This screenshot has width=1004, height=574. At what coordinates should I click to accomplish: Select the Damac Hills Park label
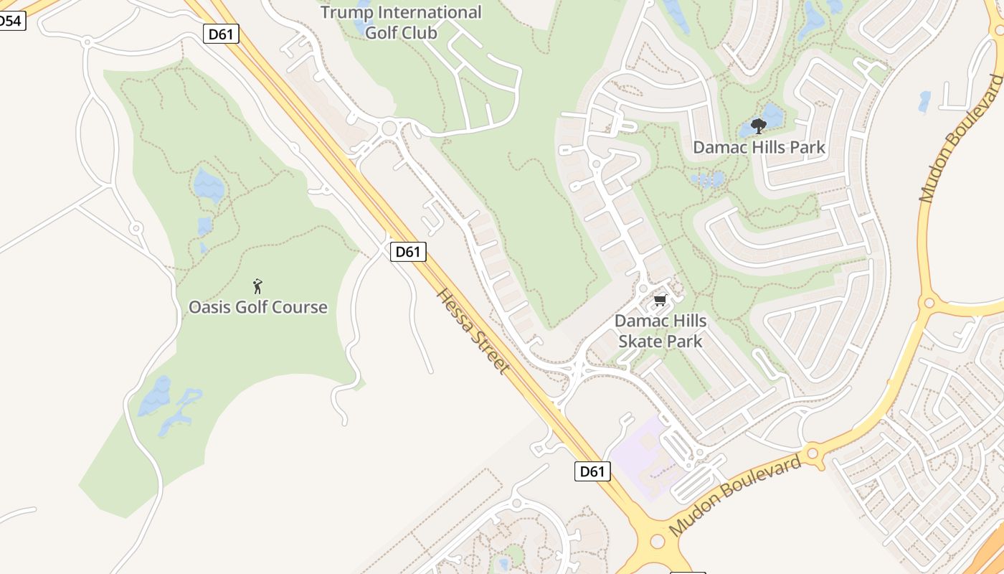(759, 148)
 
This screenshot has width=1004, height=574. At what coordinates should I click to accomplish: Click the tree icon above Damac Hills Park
(758, 127)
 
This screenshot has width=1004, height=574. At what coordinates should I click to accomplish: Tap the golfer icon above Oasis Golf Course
(258, 286)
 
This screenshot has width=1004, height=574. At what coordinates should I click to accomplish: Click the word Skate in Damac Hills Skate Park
(638, 341)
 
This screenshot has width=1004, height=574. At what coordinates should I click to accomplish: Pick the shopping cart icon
(660, 300)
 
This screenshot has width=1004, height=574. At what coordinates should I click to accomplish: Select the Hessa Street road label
(473, 331)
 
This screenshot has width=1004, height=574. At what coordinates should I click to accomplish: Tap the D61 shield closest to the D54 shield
(221, 34)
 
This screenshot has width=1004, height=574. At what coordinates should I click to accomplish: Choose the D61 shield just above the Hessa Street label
(408, 252)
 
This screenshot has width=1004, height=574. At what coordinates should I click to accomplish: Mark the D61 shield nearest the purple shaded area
(593, 471)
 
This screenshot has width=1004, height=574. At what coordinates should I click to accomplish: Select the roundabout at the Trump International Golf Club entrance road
(389, 129)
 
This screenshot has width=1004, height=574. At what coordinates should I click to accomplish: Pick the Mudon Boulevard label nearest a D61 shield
(734, 495)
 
